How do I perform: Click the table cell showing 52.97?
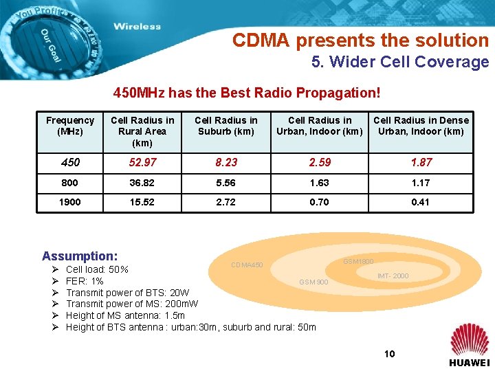coord(142,163)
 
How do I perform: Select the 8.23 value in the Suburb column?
coord(225,163)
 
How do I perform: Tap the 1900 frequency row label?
coord(70,202)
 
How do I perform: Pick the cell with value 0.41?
coord(421,202)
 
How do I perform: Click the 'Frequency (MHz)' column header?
coord(70,126)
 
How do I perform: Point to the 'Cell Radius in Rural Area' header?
coord(142,131)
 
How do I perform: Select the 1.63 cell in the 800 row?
coord(319,183)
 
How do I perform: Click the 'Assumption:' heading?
coord(80,255)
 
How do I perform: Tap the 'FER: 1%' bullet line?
coord(85,281)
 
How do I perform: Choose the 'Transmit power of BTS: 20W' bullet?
coord(127,293)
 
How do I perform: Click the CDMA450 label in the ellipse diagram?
coord(247,265)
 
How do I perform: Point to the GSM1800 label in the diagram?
coord(358,262)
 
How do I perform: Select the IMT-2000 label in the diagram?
coord(393,276)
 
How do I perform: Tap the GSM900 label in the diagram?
coord(313,282)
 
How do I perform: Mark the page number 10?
coord(389,354)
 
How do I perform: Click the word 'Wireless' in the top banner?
coord(137,27)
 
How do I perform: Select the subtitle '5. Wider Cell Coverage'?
coord(399,62)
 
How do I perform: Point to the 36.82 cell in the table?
coord(142,183)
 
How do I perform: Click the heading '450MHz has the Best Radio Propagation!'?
coord(247,92)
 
